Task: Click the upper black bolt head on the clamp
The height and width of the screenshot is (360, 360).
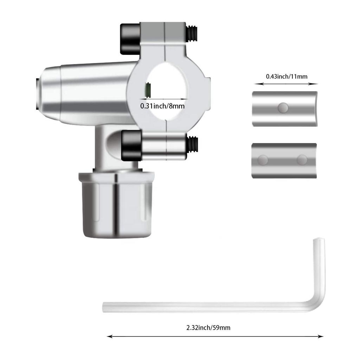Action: (130, 39)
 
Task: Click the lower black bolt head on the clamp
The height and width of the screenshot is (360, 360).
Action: (131, 144)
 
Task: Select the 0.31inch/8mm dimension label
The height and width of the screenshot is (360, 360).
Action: (162, 105)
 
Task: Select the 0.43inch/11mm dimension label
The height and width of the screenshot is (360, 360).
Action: (287, 76)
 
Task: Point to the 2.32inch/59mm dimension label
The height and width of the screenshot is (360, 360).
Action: (208, 328)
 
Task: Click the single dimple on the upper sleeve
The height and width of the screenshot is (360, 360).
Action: (282, 108)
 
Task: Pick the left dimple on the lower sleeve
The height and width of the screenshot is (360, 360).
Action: (262, 160)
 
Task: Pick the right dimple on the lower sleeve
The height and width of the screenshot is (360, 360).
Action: (302, 160)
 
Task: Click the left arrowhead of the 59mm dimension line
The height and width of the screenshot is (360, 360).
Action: (109, 336)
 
